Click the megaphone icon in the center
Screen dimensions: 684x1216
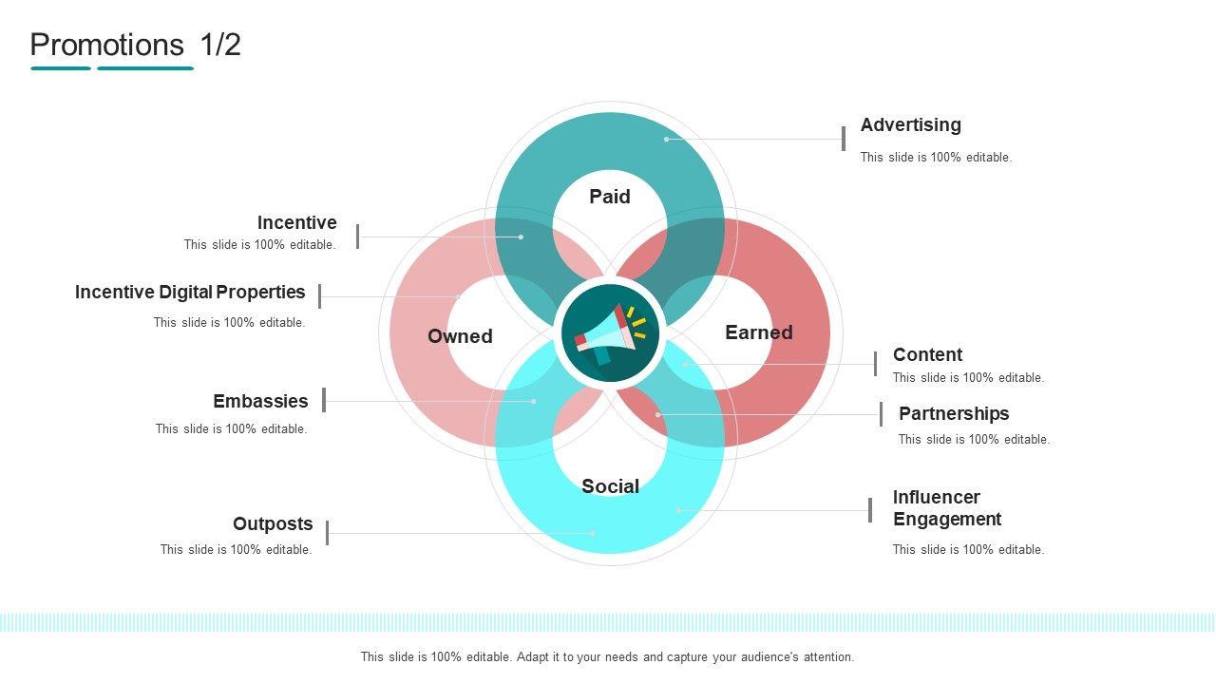610,333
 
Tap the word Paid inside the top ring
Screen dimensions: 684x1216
610,197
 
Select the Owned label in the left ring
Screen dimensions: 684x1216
460,336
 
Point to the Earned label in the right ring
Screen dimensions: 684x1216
758,332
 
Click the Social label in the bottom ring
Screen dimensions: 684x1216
610,486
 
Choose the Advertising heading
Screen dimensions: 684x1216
910,125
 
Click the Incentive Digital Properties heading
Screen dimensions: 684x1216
190,293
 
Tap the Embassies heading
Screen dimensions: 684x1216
260,401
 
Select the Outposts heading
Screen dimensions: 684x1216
273,523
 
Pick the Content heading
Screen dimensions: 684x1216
927,354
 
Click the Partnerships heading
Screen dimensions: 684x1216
954,413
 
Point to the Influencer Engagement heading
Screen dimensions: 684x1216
947,508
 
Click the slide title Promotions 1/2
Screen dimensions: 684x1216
136,45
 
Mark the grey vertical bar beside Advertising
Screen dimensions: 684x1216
844,139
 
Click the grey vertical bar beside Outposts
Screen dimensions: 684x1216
327,533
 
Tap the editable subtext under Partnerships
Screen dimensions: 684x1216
974,439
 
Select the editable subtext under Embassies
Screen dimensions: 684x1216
231,428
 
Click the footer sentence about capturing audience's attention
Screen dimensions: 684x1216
607,656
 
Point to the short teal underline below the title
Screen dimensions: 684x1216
61,68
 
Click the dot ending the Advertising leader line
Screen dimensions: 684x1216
667,140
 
